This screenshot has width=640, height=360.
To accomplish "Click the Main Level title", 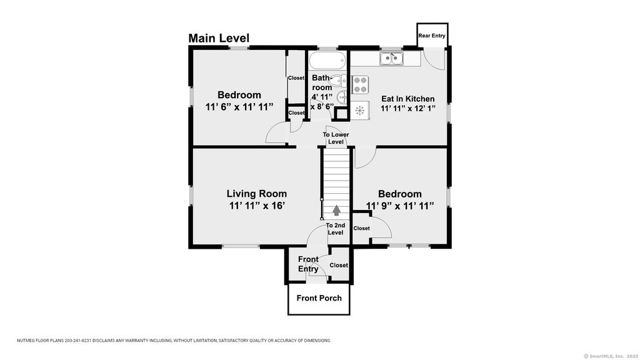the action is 219,38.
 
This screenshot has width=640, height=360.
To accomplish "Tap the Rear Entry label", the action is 432,36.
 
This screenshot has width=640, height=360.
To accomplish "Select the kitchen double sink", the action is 391,59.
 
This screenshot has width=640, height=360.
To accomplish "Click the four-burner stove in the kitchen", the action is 360,85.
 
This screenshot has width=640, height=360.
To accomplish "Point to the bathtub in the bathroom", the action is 327,61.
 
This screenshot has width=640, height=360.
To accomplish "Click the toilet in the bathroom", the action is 337,81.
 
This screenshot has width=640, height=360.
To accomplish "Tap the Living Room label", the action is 257,194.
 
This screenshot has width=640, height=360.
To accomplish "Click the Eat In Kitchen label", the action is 407,99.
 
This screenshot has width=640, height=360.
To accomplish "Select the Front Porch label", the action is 319,298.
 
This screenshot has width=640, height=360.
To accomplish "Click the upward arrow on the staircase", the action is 336,210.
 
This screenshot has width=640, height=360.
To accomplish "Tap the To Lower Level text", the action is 336,138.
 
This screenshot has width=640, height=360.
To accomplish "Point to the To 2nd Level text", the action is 336,229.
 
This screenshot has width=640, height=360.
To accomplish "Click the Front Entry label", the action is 308,264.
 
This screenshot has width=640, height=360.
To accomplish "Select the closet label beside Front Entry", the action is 339,265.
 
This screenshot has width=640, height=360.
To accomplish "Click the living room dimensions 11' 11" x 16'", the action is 257,205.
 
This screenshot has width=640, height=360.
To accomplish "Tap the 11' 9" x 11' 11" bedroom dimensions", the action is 400,206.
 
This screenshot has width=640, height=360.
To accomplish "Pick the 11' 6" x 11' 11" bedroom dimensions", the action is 239,107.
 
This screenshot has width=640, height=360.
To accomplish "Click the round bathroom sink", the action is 342,97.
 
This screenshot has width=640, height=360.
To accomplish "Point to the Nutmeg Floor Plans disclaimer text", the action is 174,341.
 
